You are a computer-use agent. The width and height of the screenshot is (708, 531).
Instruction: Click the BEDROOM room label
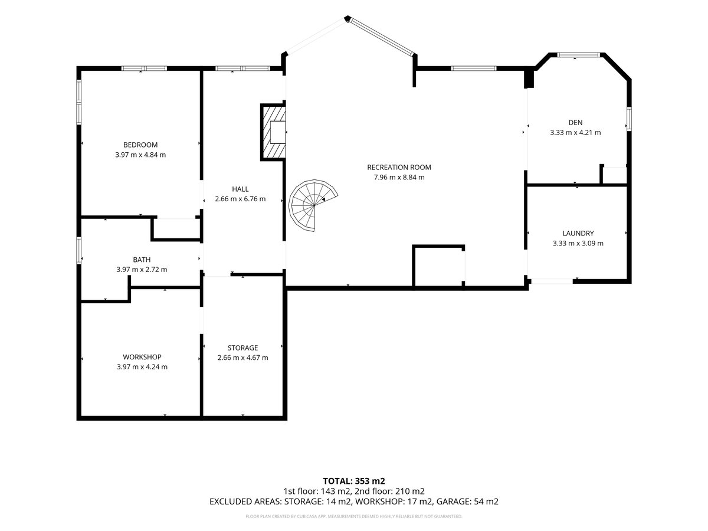(x=140, y=145)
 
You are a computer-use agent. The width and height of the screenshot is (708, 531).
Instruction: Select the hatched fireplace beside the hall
(x=273, y=132)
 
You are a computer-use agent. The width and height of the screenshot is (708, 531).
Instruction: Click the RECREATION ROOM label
(x=399, y=168)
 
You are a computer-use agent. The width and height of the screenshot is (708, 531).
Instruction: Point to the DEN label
(x=575, y=123)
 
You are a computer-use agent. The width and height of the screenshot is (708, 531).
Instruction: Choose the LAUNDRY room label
(x=578, y=234)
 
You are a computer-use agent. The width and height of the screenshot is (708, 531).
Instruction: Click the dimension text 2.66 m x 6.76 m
(x=240, y=199)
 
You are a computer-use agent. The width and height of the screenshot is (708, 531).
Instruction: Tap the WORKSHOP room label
(x=142, y=357)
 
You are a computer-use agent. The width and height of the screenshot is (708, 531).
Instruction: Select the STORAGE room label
(x=242, y=348)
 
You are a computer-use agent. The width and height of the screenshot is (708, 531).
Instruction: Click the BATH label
(x=142, y=260)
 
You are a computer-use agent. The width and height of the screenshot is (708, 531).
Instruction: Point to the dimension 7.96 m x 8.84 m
(x=399, y=178)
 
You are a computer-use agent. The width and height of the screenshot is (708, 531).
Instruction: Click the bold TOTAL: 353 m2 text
(x=354, y=481)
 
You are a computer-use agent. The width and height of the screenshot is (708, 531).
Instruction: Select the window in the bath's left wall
(x=78, y=251)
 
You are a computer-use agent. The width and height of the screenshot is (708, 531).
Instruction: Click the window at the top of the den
(x=579, y=55)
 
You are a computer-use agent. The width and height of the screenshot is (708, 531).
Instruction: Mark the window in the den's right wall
(x=629, y=119)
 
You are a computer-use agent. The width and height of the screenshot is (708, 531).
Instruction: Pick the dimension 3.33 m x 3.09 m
(x=578, y=244)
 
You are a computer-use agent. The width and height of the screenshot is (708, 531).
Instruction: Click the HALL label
(x=240, y=189)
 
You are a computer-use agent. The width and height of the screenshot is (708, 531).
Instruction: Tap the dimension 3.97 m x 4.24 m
(x=142, y=367)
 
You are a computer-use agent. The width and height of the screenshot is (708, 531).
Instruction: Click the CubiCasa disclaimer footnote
(x=354, y=516)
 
